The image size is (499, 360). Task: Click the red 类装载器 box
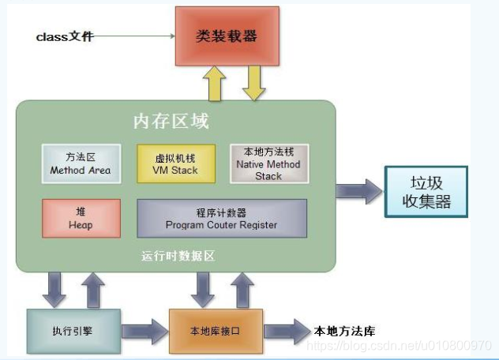227,37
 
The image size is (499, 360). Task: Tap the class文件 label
65,37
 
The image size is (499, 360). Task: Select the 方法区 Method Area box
81,163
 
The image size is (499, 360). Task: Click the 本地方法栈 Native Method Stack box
268,163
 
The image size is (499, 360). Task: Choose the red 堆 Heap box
81,219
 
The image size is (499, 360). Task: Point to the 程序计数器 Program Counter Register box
221,219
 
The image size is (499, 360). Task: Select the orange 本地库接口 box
216,331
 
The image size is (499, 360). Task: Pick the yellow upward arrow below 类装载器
213,84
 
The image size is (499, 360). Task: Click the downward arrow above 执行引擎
54,290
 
